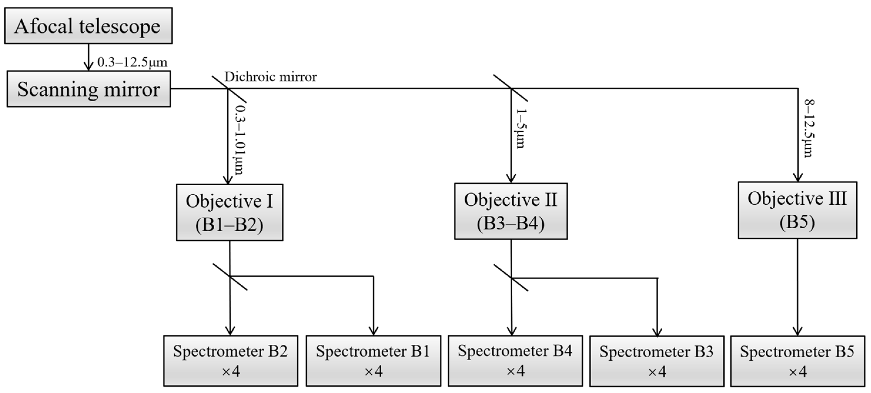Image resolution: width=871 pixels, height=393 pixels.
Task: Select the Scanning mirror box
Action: [88, 89]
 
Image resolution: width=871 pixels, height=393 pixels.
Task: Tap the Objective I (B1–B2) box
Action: [230, 212]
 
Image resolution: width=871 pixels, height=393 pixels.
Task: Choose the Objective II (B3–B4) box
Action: [511, 212]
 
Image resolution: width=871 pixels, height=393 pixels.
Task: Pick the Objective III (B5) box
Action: [797, 210]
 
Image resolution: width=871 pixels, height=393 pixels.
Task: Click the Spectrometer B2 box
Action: [230, 361]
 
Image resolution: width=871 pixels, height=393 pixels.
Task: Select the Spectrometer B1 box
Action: [373, 361]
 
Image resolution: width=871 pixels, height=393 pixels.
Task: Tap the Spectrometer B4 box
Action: [515, 361]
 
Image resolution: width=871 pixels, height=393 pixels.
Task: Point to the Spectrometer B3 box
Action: [657, 361]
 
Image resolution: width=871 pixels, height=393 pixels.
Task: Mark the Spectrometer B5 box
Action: [798, 361]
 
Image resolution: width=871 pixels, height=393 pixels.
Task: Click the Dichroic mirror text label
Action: [270, 77]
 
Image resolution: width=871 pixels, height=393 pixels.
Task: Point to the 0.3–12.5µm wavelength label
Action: [132, 62]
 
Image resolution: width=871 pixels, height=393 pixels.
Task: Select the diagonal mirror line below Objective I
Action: [230, 277]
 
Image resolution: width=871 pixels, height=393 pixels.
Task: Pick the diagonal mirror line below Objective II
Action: [511, 278]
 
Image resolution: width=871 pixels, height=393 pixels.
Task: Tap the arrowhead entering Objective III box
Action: [798, 178]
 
